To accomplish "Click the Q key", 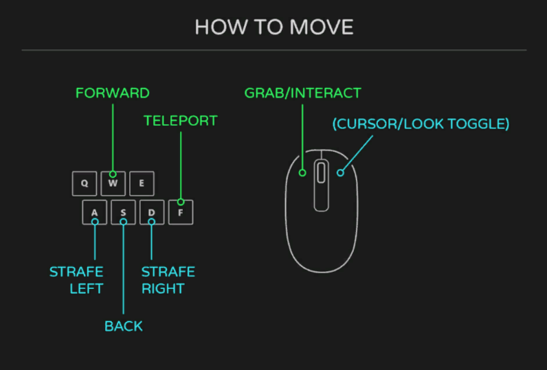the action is tap(85, 183).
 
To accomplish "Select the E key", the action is tap(142, 183).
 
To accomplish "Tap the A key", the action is tap(95, 212).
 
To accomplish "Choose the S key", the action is tap(123, 212).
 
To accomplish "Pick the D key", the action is tap(152, 212).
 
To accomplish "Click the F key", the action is tap(181, 212).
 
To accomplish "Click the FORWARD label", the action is tap(113, 93).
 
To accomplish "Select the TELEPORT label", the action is tap(181, 121).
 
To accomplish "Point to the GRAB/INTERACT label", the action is tap(303, 93).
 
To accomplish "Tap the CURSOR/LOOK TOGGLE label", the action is tap(421, 124).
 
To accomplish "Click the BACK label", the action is tap(124, 327).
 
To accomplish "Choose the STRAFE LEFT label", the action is tap(76, 280).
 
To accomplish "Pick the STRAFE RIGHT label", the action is tap(168, 280).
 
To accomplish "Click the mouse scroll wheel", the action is tap(322, 172).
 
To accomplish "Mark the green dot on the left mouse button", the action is tap(302, 172).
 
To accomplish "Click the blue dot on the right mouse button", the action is tap(340, 172).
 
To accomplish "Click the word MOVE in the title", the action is tap(322, 27).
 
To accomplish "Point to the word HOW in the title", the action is tap(221, 27).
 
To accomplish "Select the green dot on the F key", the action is tap(181, 202).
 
